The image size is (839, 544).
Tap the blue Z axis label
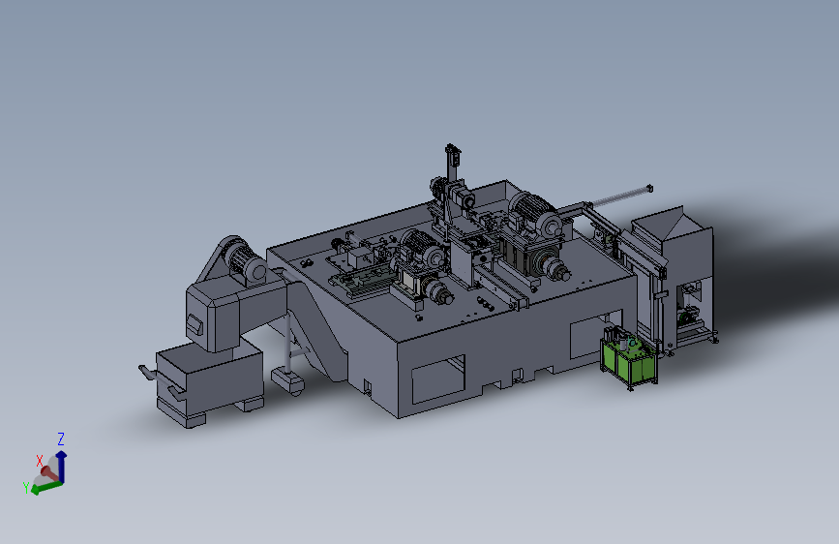[61, 439]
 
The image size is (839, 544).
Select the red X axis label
[39, 461]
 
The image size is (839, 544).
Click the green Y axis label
[26, 487]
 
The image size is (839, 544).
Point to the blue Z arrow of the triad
[62, 466]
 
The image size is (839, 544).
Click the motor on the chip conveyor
[244, 260]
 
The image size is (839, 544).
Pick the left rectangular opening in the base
[437, 378]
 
